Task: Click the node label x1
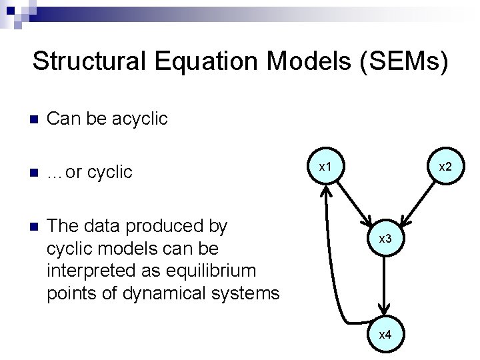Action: tap(325, 165)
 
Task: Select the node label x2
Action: tap(445, 165)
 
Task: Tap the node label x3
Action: tap(385, 238)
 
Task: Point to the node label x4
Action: tap(385, 335)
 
